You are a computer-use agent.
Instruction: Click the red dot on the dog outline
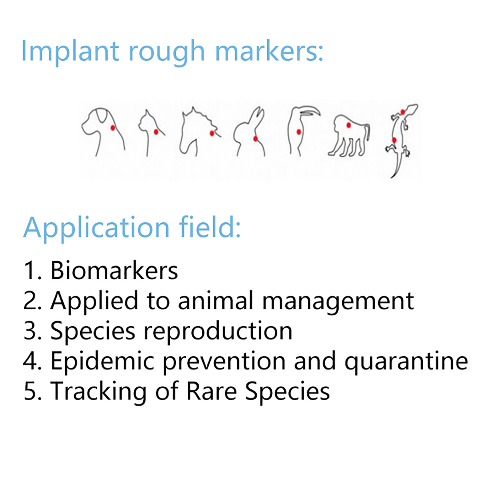click(113, 128)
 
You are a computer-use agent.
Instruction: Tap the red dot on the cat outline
click(156, 132)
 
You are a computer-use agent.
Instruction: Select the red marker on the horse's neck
click(212, 134)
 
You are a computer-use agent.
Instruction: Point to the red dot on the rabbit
click(256, 138)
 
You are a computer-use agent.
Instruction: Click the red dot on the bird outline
click(299, 132)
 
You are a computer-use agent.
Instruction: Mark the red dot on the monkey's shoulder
click(349, 125)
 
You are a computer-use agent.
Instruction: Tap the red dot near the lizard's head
click(403, 112)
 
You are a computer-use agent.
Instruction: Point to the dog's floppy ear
click(101, 115)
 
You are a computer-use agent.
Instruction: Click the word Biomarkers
click(114, 270)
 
